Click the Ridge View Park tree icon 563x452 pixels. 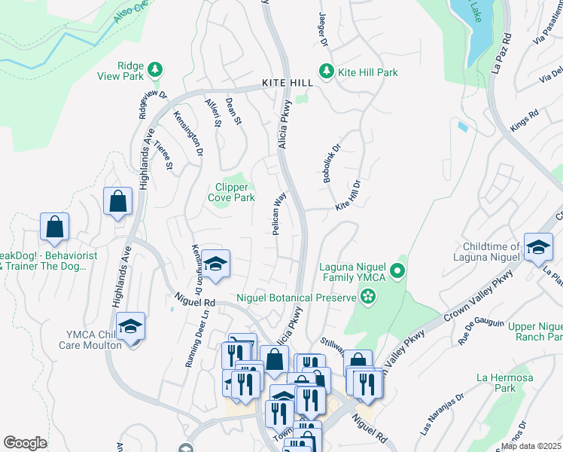(x=154, y=69)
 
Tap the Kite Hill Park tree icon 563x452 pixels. (x=326, y=72)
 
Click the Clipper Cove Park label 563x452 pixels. (x=231, y=192)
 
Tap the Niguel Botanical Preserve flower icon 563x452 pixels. (x=367, y=298)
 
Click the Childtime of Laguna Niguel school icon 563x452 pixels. (x=538, y=247)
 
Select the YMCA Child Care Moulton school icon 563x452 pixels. (x=131, y=326)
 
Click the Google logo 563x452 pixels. (x=25, y=442)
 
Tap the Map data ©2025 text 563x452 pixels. (x=531, y=446)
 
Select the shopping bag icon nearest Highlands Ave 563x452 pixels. (x=118, y=201)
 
